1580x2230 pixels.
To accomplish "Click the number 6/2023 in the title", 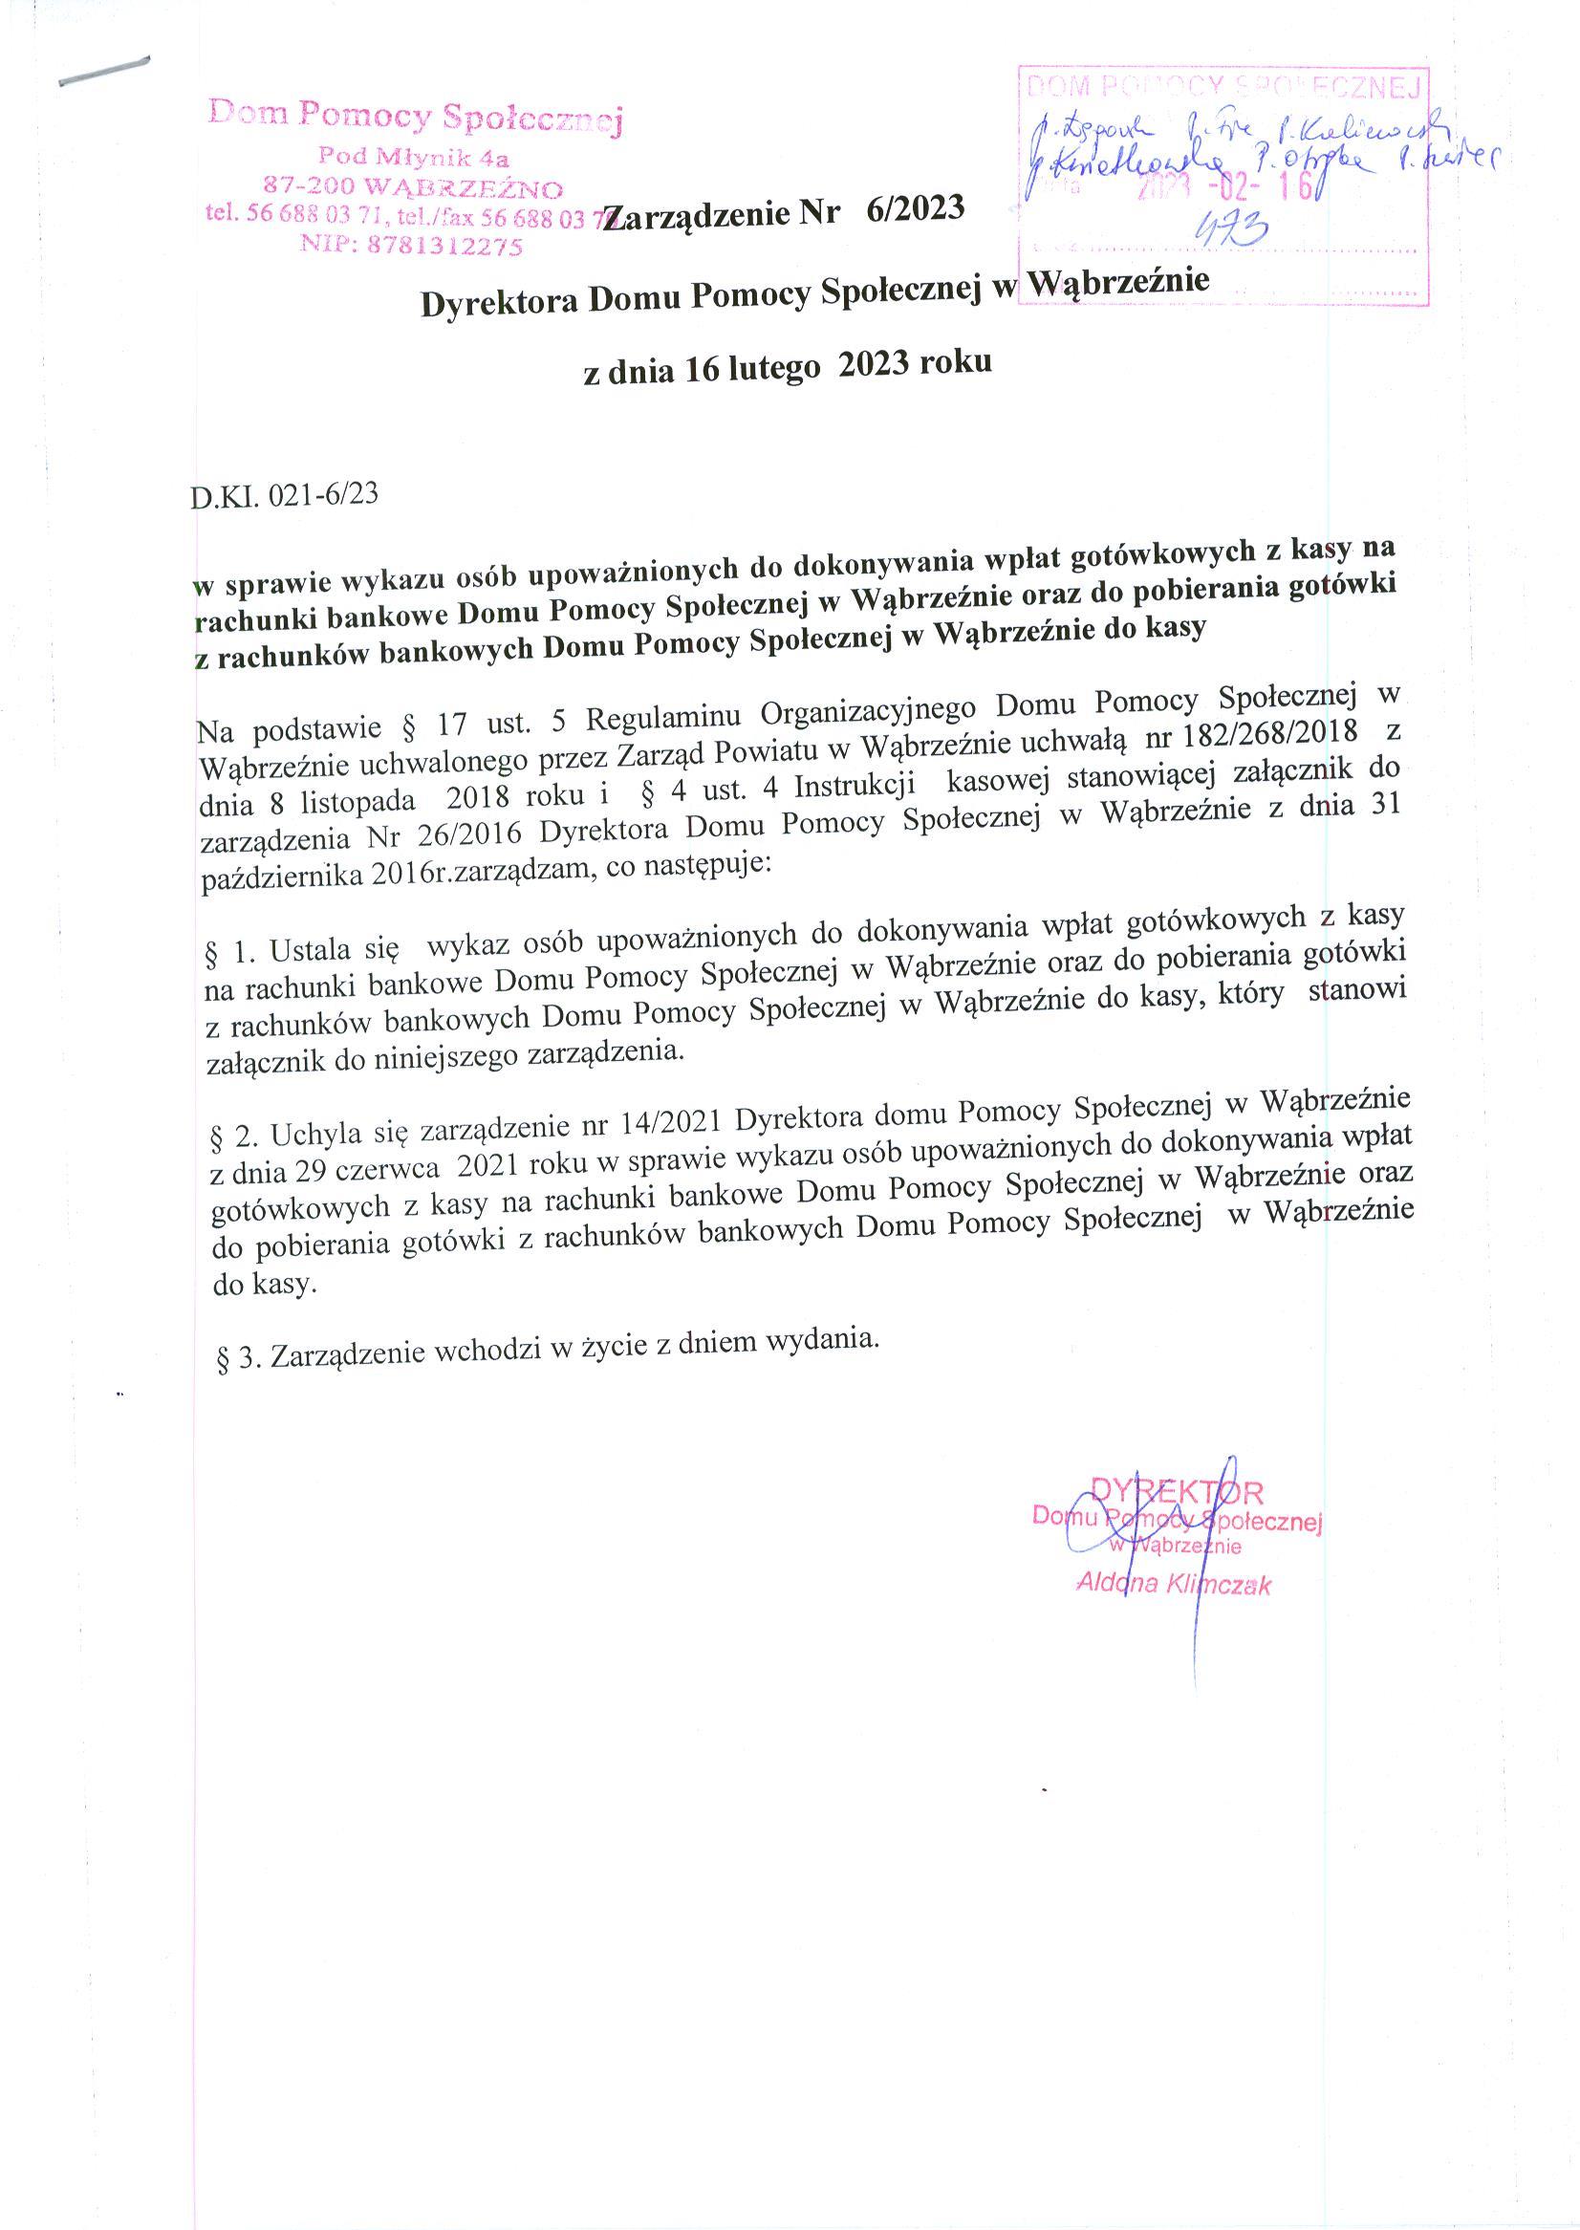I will (914, 209).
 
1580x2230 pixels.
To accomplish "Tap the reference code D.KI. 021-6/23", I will (285, 495).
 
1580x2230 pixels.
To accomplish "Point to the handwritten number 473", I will (1233, 230).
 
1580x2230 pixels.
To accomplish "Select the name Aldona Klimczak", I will (1174, 1584).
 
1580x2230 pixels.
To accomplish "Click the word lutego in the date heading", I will (775, 369).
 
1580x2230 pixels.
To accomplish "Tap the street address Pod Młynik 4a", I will (415, 157).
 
